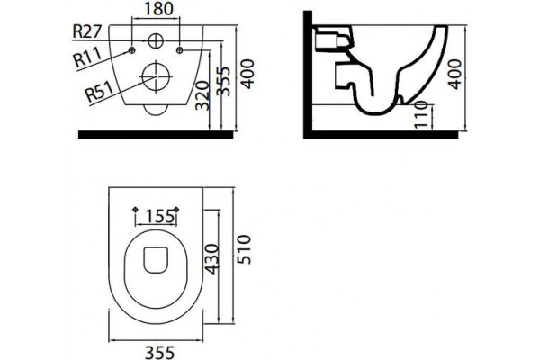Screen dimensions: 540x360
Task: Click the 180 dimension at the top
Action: pos(158,9)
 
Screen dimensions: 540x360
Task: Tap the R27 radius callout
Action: pos(87,31)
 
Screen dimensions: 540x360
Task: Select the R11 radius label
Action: pos(88,58)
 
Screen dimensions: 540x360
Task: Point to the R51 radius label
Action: pos(100,92)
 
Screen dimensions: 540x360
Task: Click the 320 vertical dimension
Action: pos(202,95)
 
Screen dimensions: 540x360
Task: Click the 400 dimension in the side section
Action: pos(454,75)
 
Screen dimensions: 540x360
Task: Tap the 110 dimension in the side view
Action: pos(421,114)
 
